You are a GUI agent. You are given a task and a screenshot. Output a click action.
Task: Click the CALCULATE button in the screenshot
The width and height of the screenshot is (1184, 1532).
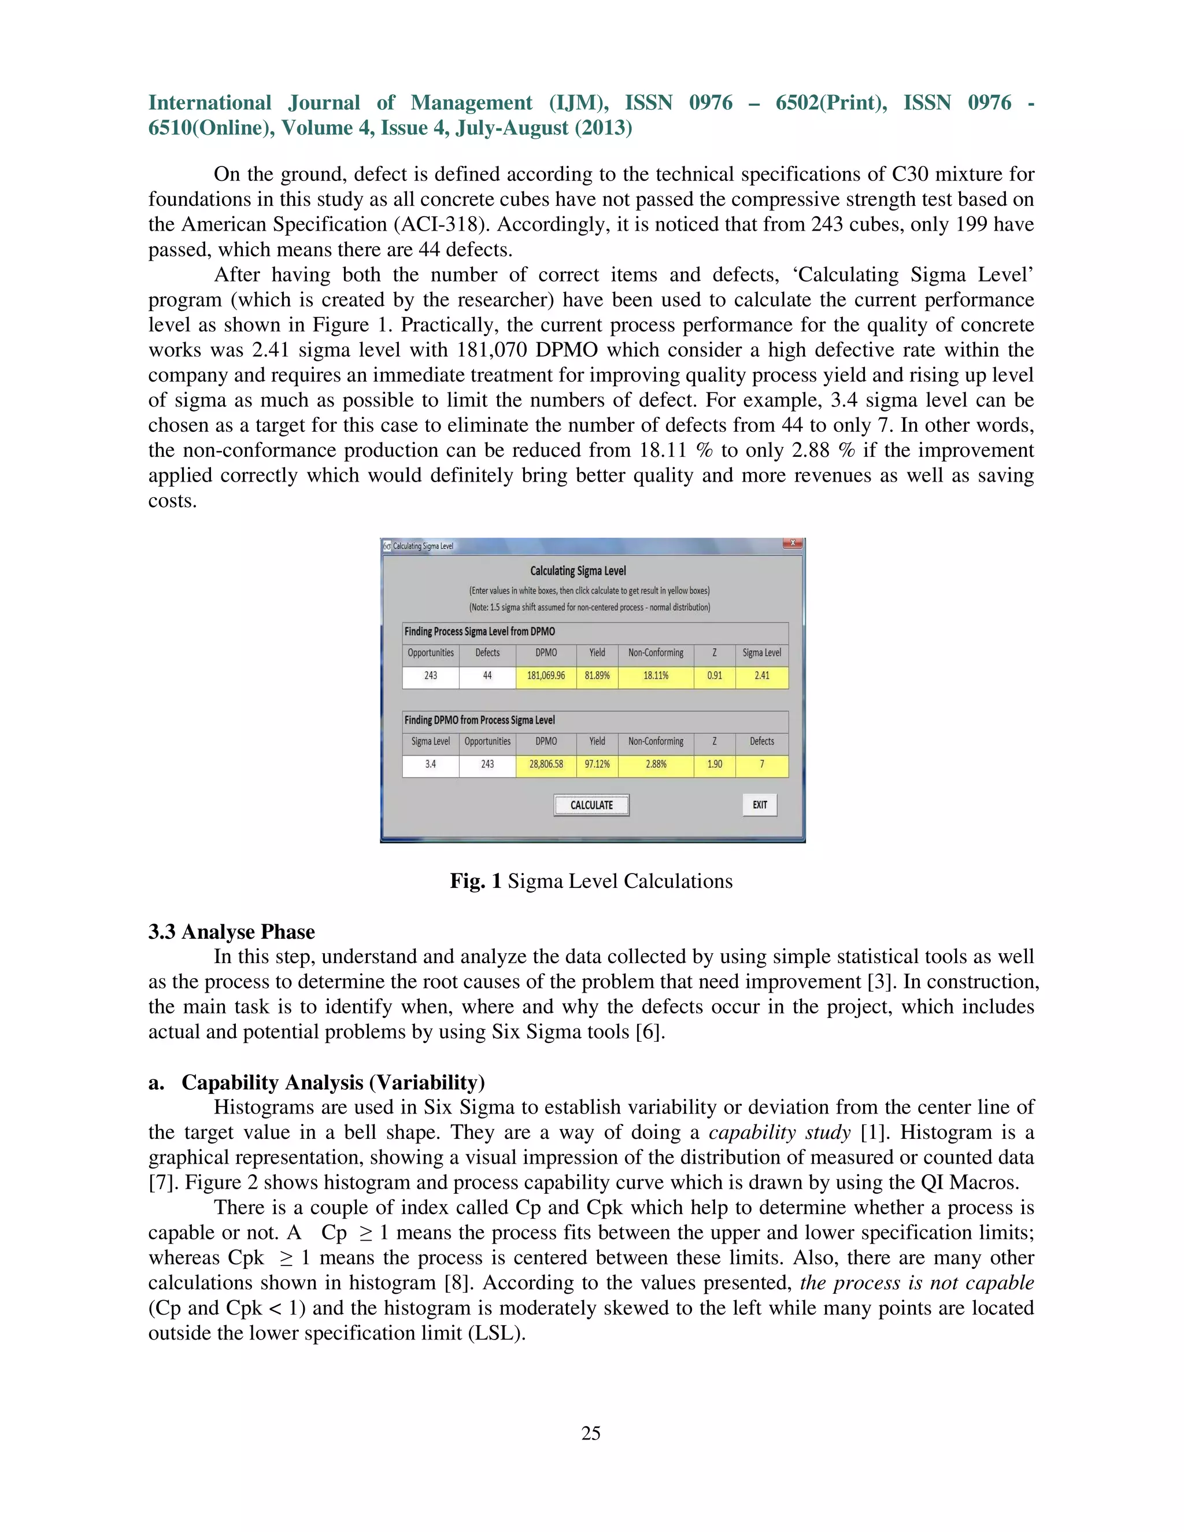591,805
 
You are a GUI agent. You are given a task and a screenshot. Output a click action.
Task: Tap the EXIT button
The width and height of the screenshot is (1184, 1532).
760,805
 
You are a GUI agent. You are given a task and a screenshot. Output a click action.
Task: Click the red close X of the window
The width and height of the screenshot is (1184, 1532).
792,543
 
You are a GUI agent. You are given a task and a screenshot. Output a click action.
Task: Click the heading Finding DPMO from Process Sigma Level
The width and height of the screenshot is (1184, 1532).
479,720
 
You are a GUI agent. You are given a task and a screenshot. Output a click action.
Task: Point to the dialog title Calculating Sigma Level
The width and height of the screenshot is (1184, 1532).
578,571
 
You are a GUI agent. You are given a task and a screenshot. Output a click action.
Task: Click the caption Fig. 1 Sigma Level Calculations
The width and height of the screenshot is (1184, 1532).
591,881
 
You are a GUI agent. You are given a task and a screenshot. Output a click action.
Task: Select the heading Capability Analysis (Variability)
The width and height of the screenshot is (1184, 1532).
333,1082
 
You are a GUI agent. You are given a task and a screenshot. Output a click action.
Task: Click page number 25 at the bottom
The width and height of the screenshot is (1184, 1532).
591,1433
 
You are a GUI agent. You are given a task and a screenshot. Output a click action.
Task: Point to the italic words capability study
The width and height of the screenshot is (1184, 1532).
779,1132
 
